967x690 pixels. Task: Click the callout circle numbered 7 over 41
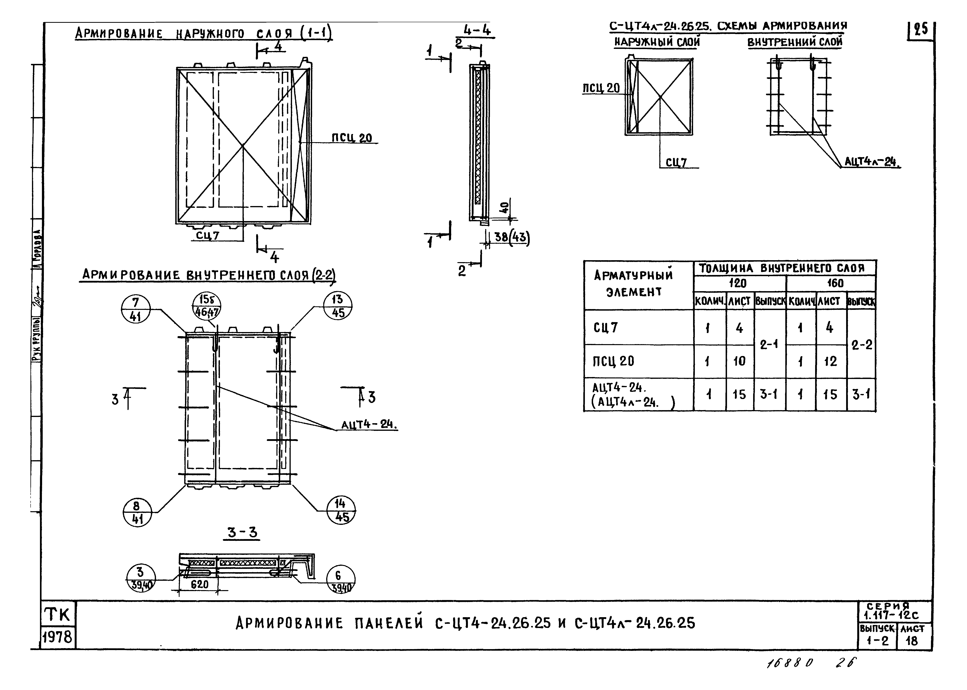coord(136,309)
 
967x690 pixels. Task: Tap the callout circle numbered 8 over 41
coord(137,512)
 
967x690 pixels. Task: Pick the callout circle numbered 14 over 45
coord(341,510)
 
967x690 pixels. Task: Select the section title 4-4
coord(477,31)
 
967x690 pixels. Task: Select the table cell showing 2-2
coord(862,344)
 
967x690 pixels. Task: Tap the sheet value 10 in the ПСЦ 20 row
coord(739,361)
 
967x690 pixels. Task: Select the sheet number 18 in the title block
coord(912,641)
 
